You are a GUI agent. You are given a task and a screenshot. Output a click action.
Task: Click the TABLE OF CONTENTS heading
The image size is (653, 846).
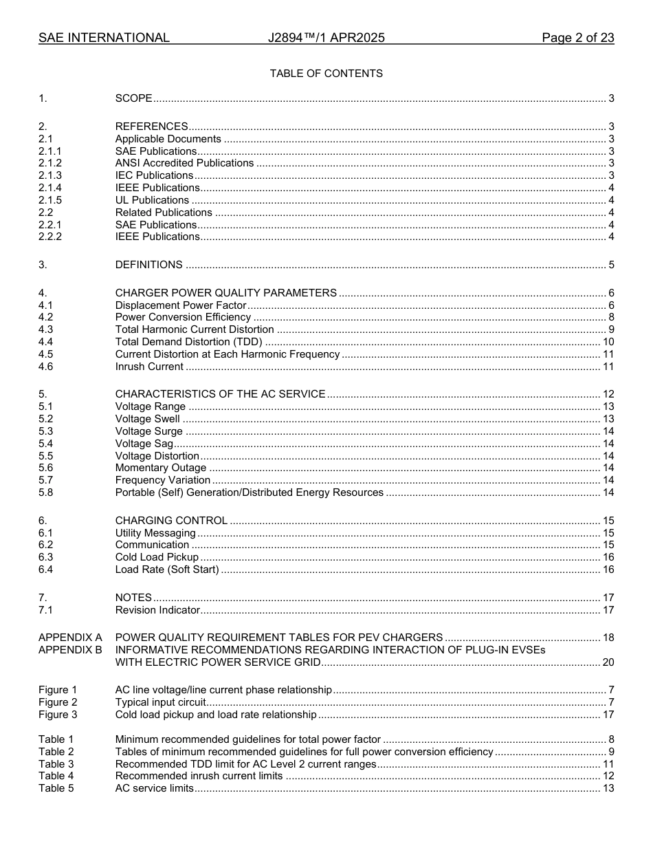point(326,74)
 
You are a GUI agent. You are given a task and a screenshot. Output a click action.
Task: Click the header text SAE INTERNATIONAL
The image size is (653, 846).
point(104,38)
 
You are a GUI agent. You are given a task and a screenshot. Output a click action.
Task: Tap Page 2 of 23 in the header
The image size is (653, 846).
point(577,38)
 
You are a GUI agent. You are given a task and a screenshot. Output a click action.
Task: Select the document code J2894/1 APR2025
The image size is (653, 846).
point(326,38)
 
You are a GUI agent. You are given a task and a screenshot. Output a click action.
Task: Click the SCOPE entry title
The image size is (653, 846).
point(133,98)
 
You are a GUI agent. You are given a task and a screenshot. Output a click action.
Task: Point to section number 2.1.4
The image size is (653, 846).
point(50,188)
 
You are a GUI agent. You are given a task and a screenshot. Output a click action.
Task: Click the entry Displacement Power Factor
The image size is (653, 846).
point(180,305)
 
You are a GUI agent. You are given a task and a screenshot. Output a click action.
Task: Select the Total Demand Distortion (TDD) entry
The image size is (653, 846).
point(189,342)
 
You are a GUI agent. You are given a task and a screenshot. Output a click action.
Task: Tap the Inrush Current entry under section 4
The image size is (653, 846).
point(149,367)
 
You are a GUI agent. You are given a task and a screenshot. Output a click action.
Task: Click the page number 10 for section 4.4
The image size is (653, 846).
point(608,342)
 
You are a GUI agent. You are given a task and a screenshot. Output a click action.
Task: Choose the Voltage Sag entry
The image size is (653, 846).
point(144,444)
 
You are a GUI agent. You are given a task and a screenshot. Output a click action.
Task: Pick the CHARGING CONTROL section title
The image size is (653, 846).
point(171,521)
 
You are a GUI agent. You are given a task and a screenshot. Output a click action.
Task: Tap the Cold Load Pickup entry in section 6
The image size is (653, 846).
point(157,557)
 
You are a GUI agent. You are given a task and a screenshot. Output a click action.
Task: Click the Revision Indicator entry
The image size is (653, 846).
point(157,610)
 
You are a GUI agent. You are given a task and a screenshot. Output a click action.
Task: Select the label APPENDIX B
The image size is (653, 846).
point(70,650)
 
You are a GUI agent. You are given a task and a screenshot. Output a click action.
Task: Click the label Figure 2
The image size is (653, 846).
point(58,702)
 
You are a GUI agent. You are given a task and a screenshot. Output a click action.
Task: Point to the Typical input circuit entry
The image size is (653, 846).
point(160,702)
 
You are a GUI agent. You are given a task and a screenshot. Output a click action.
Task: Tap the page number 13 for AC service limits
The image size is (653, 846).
point(608,788)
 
